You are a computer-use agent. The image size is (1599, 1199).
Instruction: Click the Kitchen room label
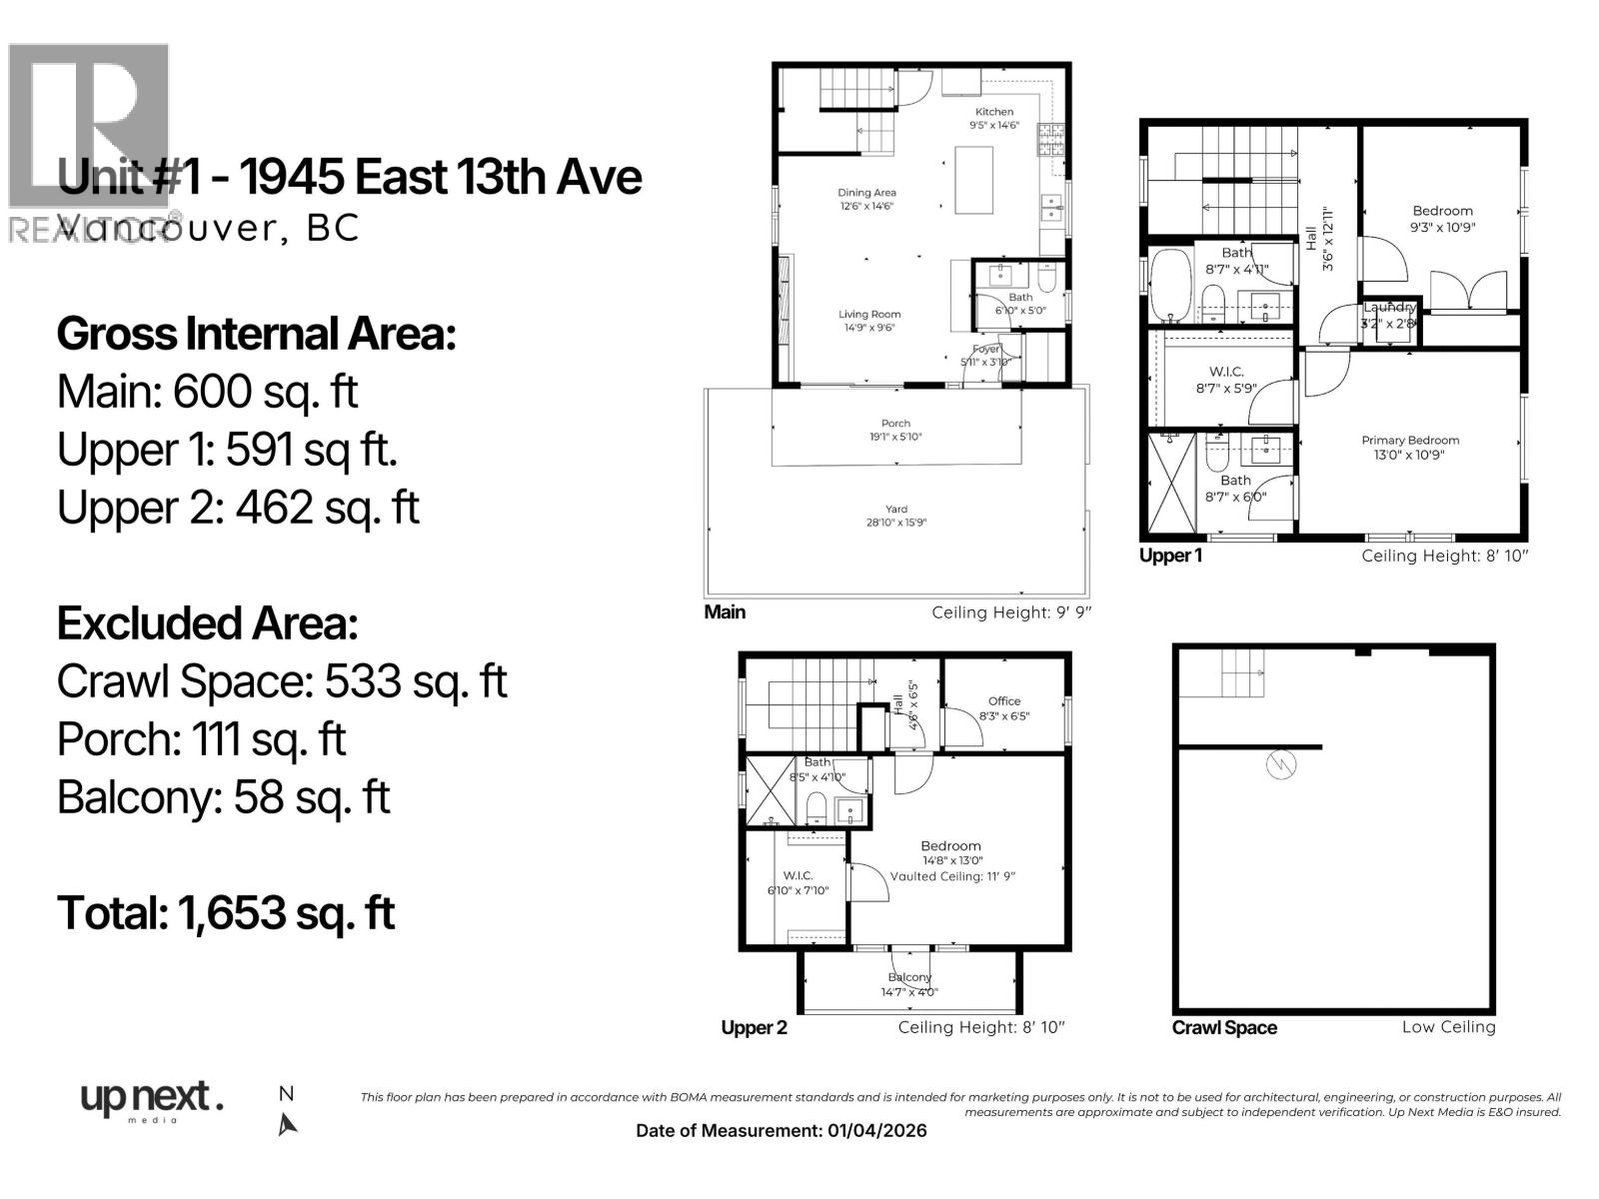pyautogui.click(x=994, y=112)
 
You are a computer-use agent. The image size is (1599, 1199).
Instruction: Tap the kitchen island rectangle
pyautogui.click(x=974, y=179)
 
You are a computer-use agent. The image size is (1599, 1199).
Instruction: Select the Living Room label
pyautogui.click(x=869, y=314)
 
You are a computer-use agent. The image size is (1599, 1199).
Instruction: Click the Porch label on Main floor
pyautogui.click(x=895, y=424)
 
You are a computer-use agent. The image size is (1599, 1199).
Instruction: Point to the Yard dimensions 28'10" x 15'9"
pyautogui.click(x=896, y=523)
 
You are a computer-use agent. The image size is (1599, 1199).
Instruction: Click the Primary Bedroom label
pyautogui.click(x=1410, y=440)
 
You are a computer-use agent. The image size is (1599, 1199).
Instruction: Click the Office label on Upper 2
pyautogui.click(x=1004, y=701)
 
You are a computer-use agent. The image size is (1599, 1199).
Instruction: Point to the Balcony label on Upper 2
pyautogui.click(x=909, y=977)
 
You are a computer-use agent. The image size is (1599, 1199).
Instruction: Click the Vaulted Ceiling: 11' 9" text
pyautogui.click(x=952, y=876)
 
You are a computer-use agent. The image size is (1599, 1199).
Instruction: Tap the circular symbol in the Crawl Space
pyautogui.click(x=1280, y=765)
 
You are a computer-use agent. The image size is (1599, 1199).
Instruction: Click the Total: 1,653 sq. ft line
pyautogui.click(x=226, y=913)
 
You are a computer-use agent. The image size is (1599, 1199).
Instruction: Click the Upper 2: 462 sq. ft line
pyautogui.click(x=238, y=508)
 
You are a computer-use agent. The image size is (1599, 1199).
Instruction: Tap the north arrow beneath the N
pyautogui.click(x=288, y=1125)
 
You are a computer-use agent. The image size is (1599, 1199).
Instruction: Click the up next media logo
pyautogui.click(x=151, y=1101)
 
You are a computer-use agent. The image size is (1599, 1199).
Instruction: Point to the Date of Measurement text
pyautogui.click(x=781, y=1131)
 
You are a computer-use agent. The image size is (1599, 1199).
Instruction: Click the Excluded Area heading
pyautogui.click(x=207, y=624)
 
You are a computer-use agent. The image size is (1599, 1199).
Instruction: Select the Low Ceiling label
pyautogui.click(x=1448, y=1027)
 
